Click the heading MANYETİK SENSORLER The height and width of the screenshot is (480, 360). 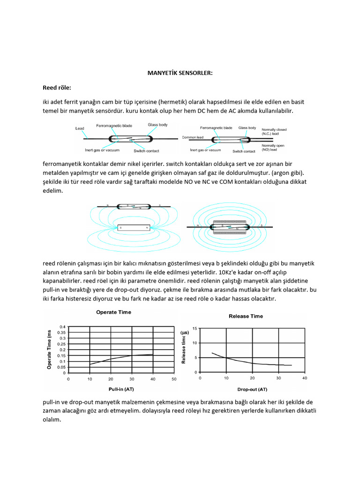[180, 73]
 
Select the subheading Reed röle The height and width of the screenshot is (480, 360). [57, 87]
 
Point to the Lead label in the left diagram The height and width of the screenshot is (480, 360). [80, 128]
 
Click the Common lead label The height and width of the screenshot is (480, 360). [192, 138]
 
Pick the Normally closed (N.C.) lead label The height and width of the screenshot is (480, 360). [274, 131]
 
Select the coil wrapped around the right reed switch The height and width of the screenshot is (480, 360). [230, 227]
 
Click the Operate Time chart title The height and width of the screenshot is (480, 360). [113, 312]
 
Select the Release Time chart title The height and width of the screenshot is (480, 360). [246, 316]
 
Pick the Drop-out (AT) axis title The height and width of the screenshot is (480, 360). [252, 390]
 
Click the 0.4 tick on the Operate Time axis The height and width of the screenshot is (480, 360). [62, 327]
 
